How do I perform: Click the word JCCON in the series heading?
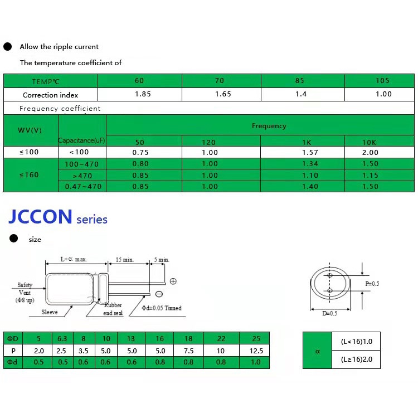click(x=41, y=217)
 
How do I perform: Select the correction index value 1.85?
click(x=143, y=94)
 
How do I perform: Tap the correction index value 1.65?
click(x=223, y=94)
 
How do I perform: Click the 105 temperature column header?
click(x=382, y=81)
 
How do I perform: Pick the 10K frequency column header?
click(x=370, y=142)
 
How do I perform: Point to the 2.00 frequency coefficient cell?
click(x=370, y=152)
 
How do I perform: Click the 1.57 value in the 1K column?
click(x=309, y=152)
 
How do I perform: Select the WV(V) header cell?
click(x=30, y=130)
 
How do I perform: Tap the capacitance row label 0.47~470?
click(x=83, y=187)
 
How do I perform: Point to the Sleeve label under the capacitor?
click(x=50, y=313)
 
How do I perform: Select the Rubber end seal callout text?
click(x=113, y=309)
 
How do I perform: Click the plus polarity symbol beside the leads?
click(x=173, y=281)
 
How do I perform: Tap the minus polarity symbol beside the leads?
click(x=159, y=294)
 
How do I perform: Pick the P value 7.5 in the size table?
click(x=188, y=351)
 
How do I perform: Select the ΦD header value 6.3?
click(x=61, y=338)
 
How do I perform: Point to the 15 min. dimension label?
click(x=125, y=260)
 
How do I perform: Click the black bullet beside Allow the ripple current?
click(x=8, y=47)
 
